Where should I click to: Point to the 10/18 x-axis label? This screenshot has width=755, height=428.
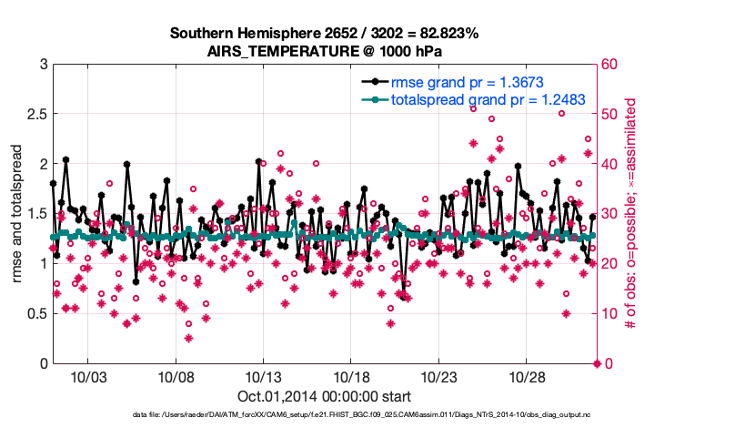tap(351, 376)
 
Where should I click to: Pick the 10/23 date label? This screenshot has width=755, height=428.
tap(439, 376)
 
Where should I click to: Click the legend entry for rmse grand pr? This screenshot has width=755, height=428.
tap(467, 82)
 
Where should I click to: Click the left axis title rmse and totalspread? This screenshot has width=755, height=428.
tap(17, 214)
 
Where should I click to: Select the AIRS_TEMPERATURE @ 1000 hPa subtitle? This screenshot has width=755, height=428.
tap(324, 50)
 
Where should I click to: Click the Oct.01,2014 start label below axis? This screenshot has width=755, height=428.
tap(324, 396)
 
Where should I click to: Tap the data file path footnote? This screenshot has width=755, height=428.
tap(324, 416)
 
